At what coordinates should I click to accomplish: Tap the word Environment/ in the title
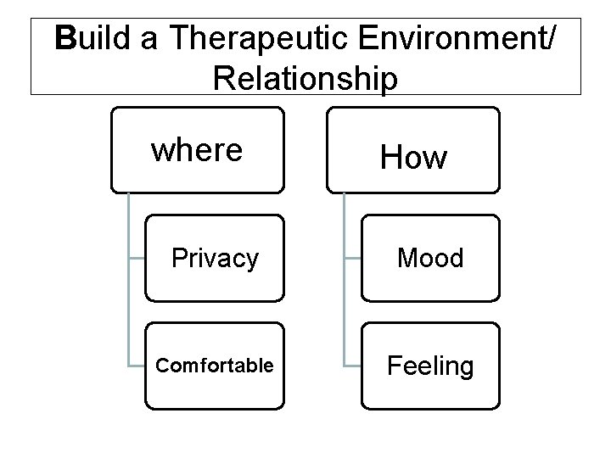465,40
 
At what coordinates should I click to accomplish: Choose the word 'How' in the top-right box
413,156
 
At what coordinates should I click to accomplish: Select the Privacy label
215,258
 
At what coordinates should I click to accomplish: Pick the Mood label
431,258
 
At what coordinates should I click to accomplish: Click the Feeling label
430,366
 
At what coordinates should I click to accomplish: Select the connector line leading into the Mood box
352,258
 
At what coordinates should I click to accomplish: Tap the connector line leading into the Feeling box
352,366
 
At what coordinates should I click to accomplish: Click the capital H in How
391,156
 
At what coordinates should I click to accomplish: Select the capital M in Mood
409,258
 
